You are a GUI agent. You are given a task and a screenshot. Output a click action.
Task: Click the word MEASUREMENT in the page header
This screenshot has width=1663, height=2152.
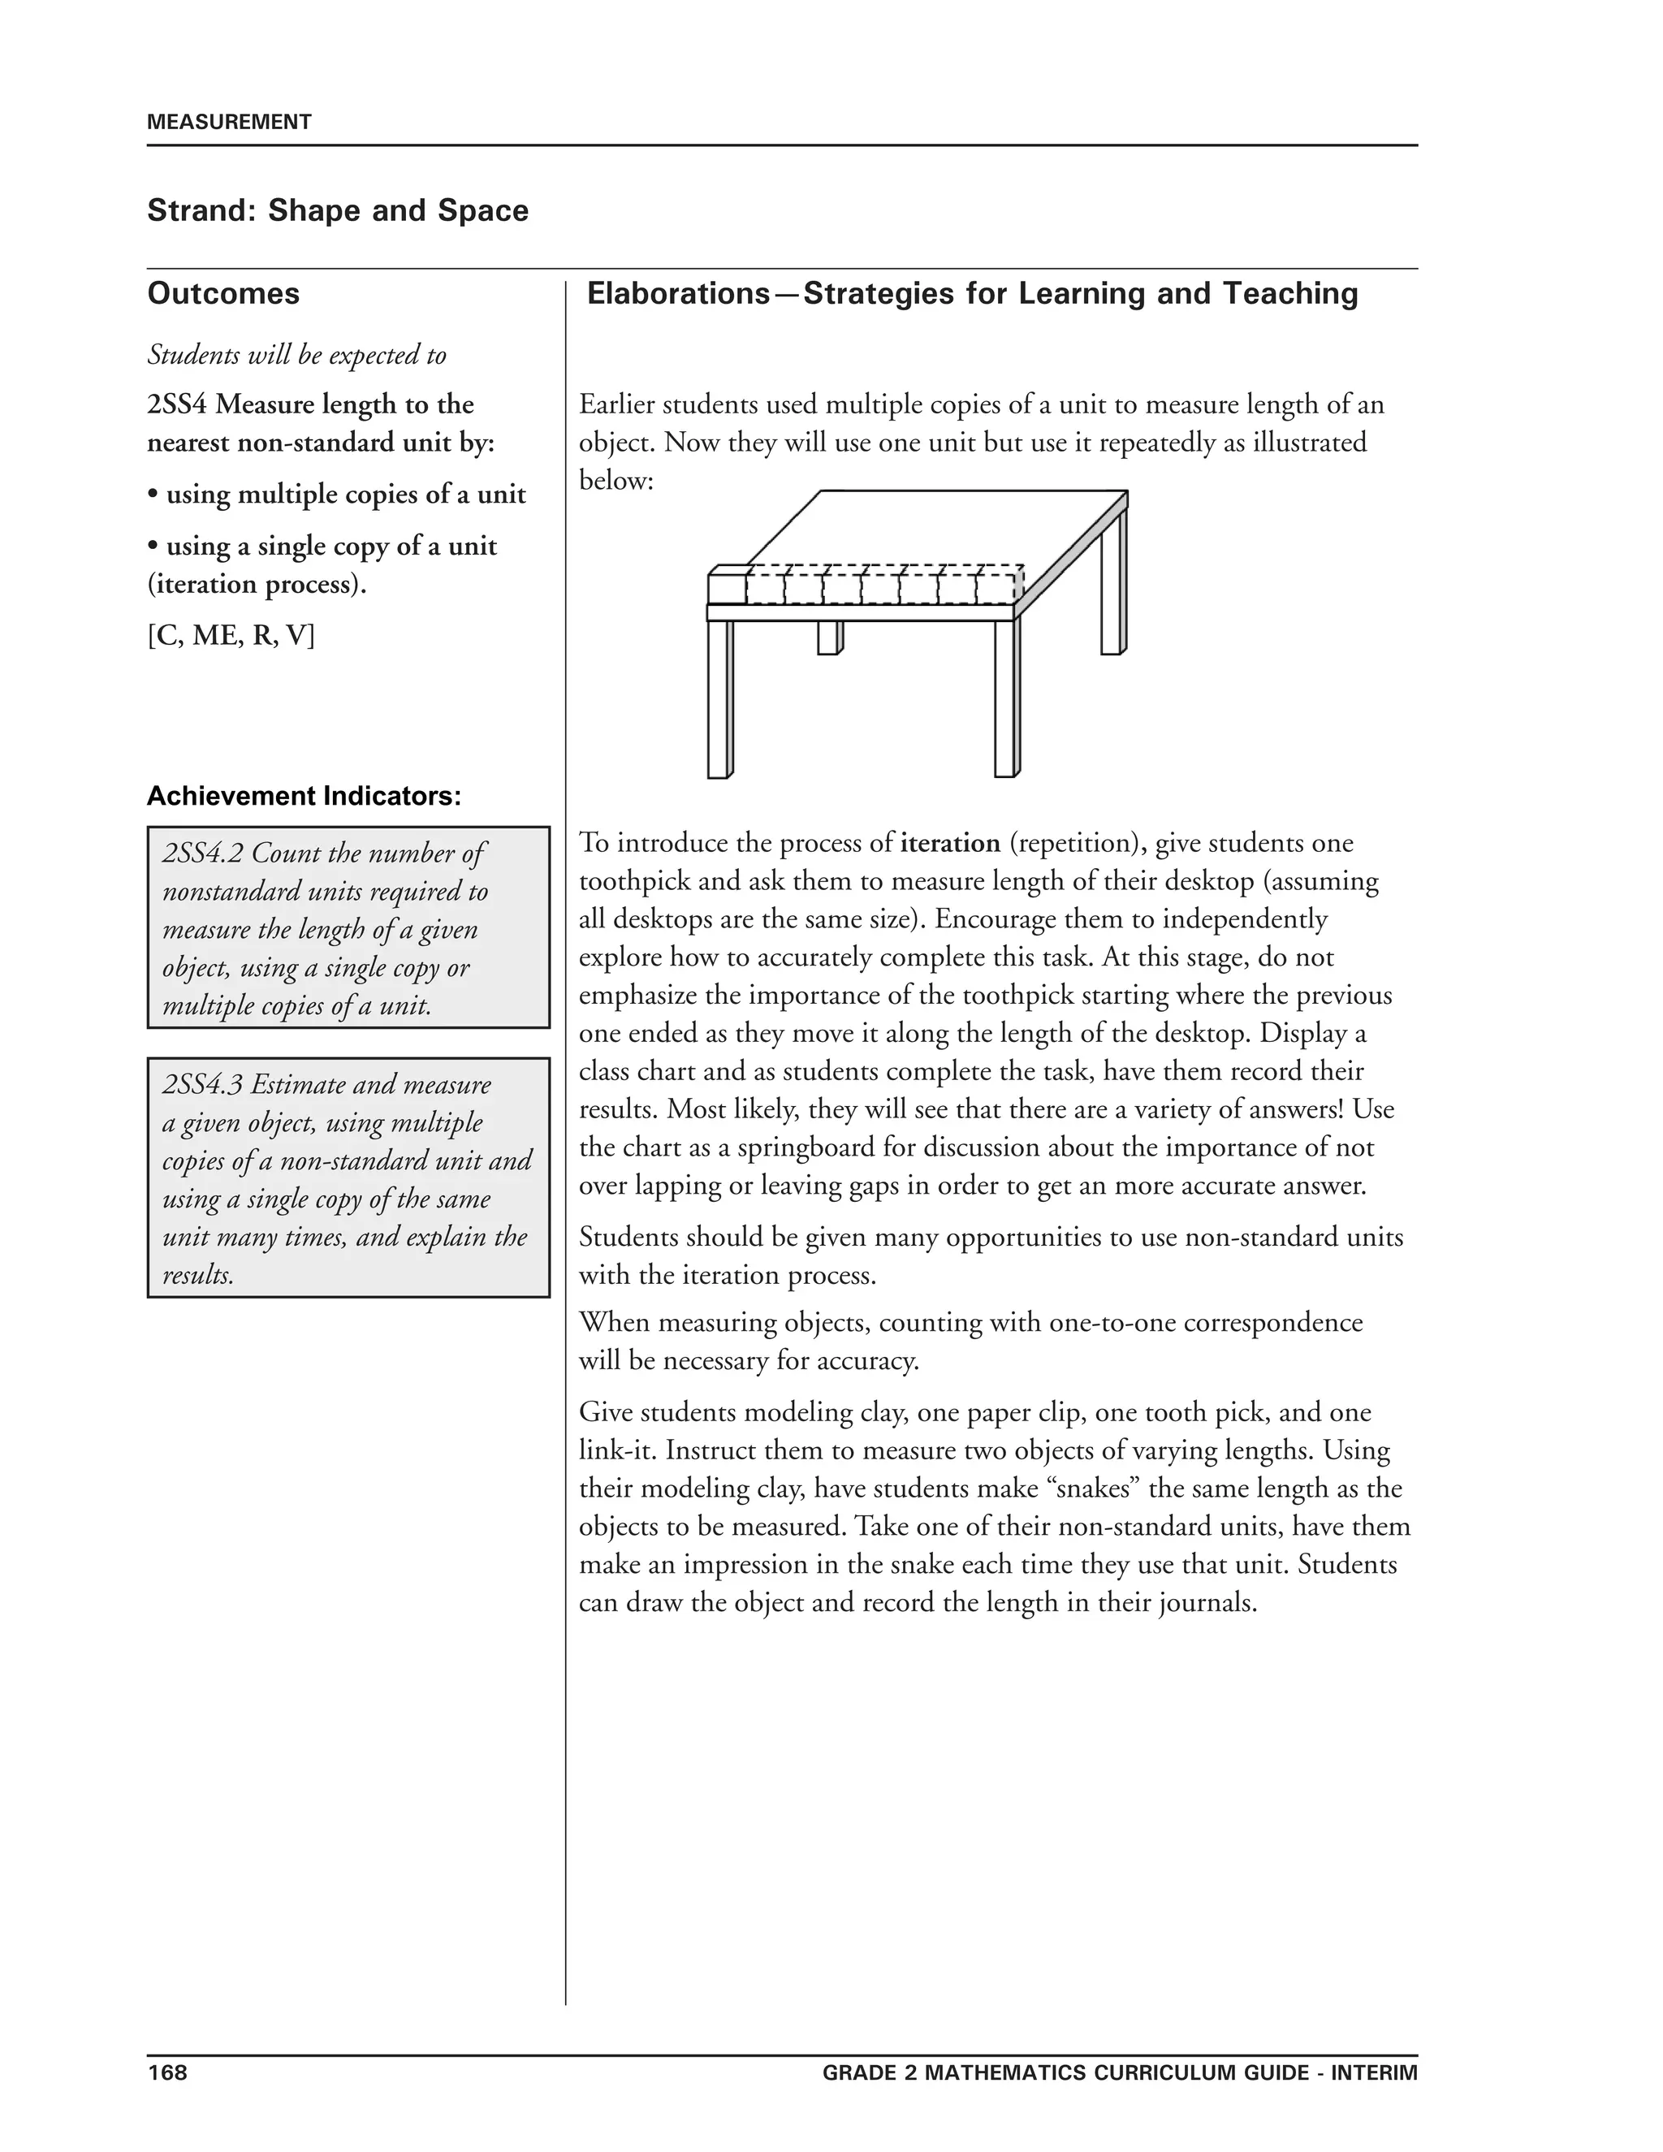click(228, 122)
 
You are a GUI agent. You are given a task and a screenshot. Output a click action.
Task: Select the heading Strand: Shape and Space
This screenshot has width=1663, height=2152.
click(337, 211)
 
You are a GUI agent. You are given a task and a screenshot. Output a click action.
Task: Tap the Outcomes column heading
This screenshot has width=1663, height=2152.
click(222, 294)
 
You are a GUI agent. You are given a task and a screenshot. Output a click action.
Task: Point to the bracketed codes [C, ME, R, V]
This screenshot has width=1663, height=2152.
click(231, 636)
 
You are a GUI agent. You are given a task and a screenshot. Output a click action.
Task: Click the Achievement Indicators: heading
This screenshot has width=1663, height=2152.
click(304, 796)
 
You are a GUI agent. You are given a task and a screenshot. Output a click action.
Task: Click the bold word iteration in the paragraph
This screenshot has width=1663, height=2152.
click(950, 844)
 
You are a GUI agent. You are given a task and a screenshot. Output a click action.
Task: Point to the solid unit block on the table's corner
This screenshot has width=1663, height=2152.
click(727, 587)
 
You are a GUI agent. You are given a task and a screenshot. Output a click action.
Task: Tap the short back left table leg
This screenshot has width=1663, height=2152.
click(828, 637)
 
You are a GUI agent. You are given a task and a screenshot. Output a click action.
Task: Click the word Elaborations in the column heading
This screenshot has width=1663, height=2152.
click(678, 294)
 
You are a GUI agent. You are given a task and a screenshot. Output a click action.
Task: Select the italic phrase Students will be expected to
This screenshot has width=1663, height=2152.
click(296, 355)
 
